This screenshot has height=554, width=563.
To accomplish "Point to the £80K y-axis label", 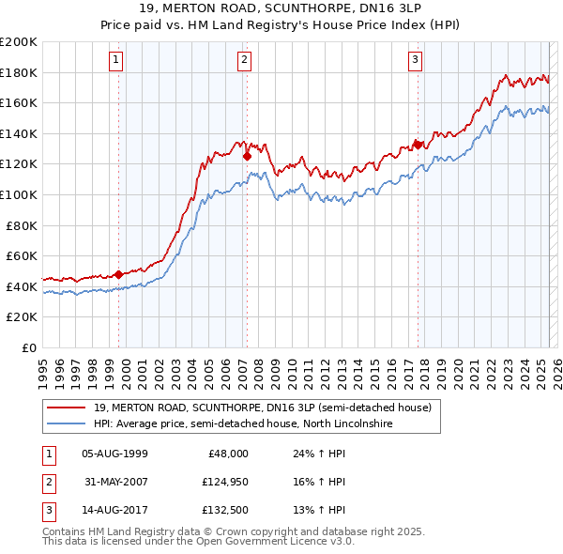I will [x=22, y=225].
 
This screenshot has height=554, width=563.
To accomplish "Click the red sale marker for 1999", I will [x=119, y=274].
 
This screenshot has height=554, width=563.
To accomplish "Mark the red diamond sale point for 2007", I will [x=247, y=157].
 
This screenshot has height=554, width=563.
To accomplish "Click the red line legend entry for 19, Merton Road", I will [x=262, y=408].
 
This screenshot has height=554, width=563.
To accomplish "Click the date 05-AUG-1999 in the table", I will [x=115, y=454].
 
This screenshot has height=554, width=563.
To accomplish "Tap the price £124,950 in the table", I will [x=222, y=483].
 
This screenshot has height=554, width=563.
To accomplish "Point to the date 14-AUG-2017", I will [x=115, y=512].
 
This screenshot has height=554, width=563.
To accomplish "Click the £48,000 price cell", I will [x=228, y=454].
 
